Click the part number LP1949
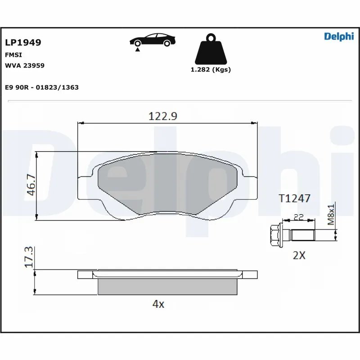[23, 43]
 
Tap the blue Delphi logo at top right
[338, 37]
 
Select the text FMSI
[13, 54]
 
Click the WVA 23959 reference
[24, 65]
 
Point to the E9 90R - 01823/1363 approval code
[41, 87]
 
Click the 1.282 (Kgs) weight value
[211, 70]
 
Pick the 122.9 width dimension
[163, 116]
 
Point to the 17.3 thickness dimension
[29, 257]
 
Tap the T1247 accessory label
[294, 198]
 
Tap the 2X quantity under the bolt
[299, 255]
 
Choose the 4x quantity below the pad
[158, 304]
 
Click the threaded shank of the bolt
[304, 235]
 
